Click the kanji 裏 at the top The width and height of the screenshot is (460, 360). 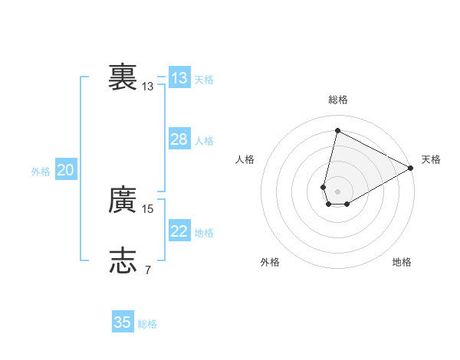click(x=123, y=77)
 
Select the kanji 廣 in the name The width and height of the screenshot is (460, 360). click(x=123, y=201)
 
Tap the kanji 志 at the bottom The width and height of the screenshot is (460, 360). click(x=123, y=261)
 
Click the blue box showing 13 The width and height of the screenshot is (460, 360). click(x=179, y=78)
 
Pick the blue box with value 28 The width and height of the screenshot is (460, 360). click(x=179, y=139)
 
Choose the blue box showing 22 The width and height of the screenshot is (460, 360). click(x=179, y=231)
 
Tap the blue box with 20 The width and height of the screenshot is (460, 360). click(x=65, y=171)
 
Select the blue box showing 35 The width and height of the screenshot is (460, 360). click(x=123, y=322)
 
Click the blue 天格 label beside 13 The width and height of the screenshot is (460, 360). click(x=204, y=80)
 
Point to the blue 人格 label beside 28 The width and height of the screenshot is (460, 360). click(x=204, y=141)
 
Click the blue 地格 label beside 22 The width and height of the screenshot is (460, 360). click(x=204, y=233)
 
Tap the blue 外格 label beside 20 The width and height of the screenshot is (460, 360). click(x=41, y=172)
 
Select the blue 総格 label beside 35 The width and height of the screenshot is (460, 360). click(x=147, y=324)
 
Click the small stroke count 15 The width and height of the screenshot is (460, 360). click(x=148, y=208)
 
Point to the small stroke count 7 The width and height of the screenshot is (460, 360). click(x=148, y=269)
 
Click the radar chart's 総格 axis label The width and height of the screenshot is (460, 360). click(x=338, y=100)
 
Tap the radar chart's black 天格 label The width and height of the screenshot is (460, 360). click(x=431, y=159)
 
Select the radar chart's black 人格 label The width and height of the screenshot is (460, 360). click(x=245, y=159)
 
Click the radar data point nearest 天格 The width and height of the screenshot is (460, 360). click(x=411, y=169)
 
